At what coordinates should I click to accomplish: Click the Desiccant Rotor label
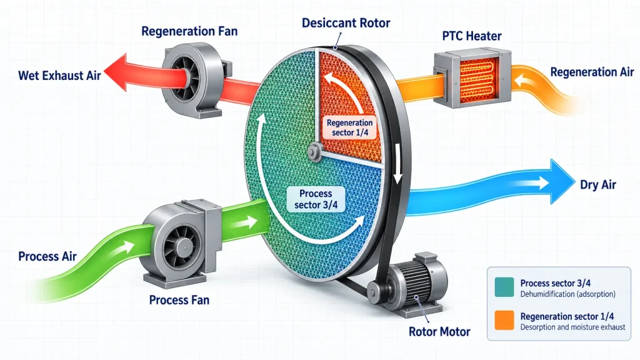(346, 23)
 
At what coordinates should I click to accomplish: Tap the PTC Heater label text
(472, 36)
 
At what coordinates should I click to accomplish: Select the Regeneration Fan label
(189, 31)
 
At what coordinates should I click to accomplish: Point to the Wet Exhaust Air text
(59, 76)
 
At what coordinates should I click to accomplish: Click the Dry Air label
(598, 185)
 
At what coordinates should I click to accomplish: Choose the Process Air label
(47, 256)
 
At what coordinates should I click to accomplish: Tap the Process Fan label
(179, 300)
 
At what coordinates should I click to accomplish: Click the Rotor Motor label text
(439, 332)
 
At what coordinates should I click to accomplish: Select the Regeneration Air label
(592, 72)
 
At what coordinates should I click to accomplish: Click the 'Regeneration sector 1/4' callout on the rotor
(350, 127)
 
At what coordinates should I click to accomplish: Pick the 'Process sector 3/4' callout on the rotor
(316, 199)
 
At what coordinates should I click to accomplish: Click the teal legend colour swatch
(504, 287)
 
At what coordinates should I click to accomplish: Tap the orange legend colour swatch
(504, 321)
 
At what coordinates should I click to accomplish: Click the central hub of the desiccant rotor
(314, 152)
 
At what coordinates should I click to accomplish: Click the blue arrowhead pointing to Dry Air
(561, 181)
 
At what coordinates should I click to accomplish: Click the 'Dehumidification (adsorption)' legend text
(567, 294)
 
